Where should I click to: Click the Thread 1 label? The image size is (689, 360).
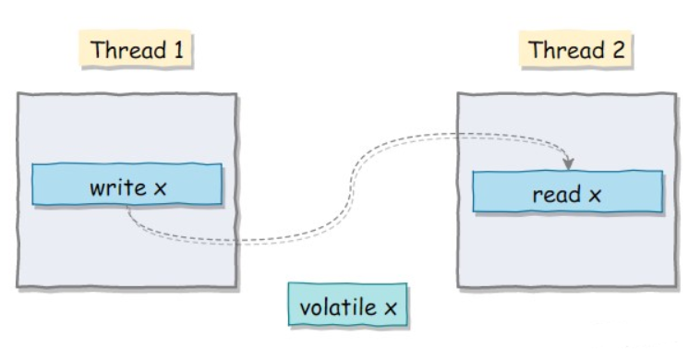coord(136,49)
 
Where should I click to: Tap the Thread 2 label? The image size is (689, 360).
coord(576,50)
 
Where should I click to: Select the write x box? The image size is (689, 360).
coord(127,184)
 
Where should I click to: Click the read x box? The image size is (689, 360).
coord(568,191)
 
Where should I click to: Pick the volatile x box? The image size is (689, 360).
coord(347,305)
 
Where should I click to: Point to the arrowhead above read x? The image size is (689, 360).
coord(569,163)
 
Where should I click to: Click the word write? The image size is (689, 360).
coord(118,188)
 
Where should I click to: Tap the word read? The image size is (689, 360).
coord(557,195)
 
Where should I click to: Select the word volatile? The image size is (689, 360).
coord(338,306)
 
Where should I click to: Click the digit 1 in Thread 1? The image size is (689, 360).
coord(178,50)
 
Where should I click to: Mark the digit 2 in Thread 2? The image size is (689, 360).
coord(619,50)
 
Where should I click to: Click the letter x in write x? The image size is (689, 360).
coord(161,189)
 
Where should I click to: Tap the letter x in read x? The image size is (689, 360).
coord(595,196)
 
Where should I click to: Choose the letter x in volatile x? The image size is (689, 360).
coord(391,308)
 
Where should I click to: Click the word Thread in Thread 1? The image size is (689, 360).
coord(128,50)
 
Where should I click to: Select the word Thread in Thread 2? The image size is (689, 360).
coord(567,50)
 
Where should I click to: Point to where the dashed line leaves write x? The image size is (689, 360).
coord(127,207)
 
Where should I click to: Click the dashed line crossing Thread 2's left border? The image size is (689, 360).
coord(458,135)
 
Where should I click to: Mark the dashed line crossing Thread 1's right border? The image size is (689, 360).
coord(236,242)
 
